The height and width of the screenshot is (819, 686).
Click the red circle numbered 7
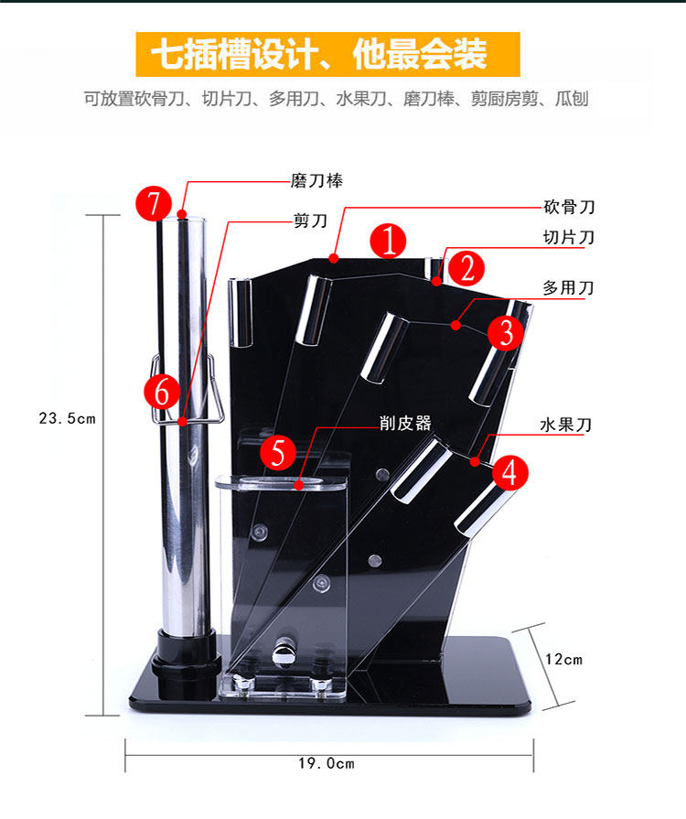click(154, 203)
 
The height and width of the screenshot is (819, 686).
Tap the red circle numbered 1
click(389, 242)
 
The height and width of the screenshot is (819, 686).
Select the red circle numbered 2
click(466, 269)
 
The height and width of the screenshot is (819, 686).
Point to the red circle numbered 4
click(510, 472)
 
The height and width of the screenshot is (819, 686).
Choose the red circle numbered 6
click(162, 392)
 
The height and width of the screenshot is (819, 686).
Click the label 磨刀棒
click(316, 181)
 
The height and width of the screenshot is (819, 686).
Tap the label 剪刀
click(310, 220)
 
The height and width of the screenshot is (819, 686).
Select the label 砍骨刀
click(569, 208)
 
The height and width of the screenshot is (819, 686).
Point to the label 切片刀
click(569, 237)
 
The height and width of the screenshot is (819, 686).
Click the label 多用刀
click(569, 287)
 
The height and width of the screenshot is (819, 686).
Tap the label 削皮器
click(405, 423)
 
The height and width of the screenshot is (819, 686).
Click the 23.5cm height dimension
click(68, 418)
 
